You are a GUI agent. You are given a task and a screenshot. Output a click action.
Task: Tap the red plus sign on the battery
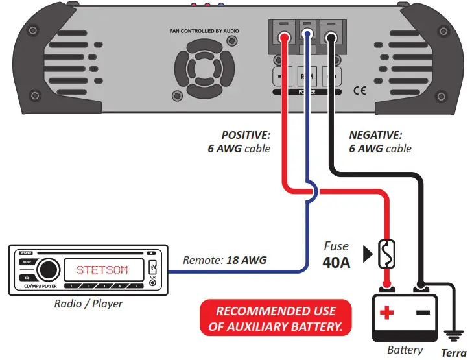tap(387, 313)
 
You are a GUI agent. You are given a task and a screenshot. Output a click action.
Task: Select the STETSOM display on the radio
tap(102, 270)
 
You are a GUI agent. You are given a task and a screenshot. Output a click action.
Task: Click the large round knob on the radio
tap(47, 269)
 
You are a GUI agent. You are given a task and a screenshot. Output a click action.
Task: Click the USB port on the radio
tap(152, 265)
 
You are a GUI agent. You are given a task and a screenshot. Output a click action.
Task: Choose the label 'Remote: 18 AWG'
tap(225, 261)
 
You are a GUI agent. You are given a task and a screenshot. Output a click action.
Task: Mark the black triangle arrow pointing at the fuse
tap(368, 254)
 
